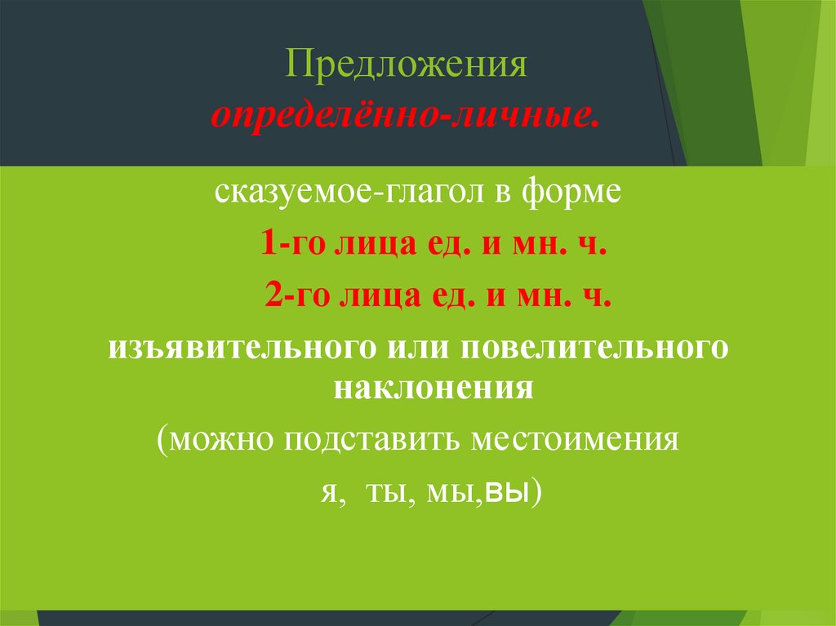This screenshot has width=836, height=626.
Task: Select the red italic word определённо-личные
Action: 406,116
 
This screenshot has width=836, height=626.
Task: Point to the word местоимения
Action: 576,441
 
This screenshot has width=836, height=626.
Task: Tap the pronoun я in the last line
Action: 325,493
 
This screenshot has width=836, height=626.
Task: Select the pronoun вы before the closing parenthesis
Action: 505,493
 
